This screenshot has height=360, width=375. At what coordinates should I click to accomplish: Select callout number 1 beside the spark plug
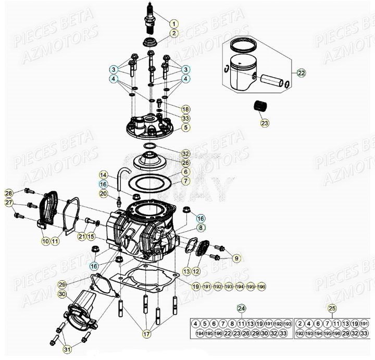coord(173,23)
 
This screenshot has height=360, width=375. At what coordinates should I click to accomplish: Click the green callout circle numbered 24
coord(241,308)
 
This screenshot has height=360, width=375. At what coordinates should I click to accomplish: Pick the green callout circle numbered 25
coord(332,308)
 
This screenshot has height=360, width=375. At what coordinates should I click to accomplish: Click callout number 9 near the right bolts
coord(236,257)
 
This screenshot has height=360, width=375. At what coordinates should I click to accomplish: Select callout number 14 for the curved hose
coord(103,175)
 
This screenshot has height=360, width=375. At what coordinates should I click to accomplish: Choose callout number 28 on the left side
coord(9,193)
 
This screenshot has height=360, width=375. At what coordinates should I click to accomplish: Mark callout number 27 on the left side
coord(9,203)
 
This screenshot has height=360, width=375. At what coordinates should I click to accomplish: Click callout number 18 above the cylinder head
coord(185,109)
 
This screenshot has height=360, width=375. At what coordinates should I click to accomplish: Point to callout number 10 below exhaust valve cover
coord(45,241)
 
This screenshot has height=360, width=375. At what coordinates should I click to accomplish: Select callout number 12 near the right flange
coord(196,271)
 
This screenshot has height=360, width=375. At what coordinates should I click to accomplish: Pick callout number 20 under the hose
coord(103,194)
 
